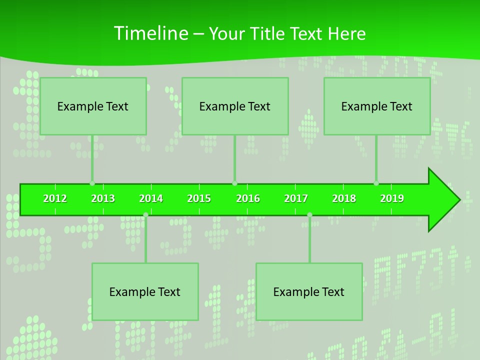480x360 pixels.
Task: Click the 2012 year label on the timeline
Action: pos(55,198)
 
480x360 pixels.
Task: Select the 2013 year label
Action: pos(103,198)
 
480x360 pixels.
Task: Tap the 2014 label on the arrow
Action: pos(151,198)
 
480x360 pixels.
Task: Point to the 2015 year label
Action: pos(199,198)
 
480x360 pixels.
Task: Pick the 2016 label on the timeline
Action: pos(248,198)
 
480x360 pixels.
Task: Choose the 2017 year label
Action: pos(296,198)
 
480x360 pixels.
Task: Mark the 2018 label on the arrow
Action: pos(344,198)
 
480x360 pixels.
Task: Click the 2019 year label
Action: pos(392,198)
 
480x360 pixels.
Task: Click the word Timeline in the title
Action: pos(150,33)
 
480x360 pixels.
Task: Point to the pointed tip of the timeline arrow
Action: pos(459,200)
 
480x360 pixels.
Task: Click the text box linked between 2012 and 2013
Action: pos(93,106)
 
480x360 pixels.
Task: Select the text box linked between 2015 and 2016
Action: pos(235,106)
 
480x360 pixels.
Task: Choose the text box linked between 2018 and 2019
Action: pos(377,106)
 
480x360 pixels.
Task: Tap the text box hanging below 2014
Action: pos(145,291)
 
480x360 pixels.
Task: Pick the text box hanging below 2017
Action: pos(309,291)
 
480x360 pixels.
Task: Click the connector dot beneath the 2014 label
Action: pos(145,215)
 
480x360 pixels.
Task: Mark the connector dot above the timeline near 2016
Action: pos(234,183)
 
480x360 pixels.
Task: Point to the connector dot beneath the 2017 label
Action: pos(309,215)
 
